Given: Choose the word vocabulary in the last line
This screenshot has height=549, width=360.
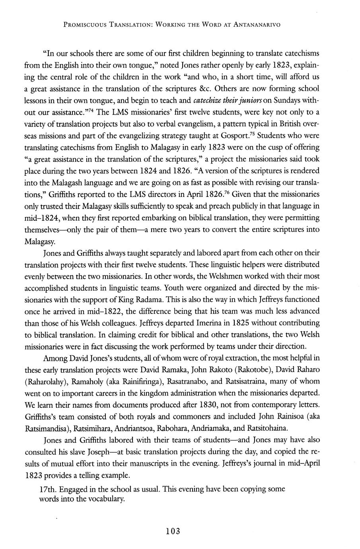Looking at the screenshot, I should point(105,499).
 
